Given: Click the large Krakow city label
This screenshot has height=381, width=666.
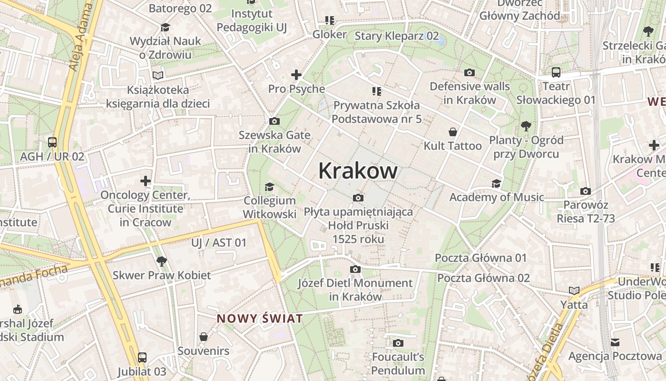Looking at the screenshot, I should (x=358, y=170).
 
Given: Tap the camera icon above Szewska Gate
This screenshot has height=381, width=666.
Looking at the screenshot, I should (x=274, y=121).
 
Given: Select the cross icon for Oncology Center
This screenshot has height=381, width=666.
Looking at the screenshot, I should (x=146, y=181).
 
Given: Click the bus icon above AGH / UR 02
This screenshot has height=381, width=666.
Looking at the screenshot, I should (x=52, y=142).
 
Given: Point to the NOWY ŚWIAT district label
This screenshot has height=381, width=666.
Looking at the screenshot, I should (x=260, y=319).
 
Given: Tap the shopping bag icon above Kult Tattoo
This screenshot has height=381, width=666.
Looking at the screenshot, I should (x=452, y=132).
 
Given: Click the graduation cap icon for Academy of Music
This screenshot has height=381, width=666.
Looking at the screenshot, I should (x=496, y=183).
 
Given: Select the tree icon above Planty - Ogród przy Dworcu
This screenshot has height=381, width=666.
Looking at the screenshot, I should (x=526, y=126).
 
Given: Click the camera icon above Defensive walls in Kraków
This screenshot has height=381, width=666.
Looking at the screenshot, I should (x=470, y=73).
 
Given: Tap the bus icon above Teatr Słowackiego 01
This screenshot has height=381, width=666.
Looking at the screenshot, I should (x=556, y=72).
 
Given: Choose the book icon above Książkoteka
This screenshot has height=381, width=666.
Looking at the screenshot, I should (x=158, y=75).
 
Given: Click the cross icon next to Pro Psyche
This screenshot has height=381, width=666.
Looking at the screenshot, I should (x=296, y=75).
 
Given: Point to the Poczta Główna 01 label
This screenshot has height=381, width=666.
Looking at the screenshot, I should (x=480, y=258).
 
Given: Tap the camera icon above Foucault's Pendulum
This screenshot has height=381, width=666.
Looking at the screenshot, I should (x=398, y=343).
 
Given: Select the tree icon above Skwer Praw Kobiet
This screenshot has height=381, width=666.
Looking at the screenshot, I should (x=162, y=261).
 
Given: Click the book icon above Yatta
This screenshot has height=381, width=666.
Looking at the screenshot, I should (x=574, y=291).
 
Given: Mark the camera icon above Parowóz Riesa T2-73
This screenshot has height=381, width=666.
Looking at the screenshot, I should (x=586, y=191).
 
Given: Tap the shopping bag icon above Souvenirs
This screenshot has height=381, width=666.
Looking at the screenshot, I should (x=204, y=337).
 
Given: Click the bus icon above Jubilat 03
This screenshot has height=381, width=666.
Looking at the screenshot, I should (x=142, y=357).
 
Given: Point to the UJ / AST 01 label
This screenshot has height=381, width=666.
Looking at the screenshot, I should (x=219, y=243).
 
